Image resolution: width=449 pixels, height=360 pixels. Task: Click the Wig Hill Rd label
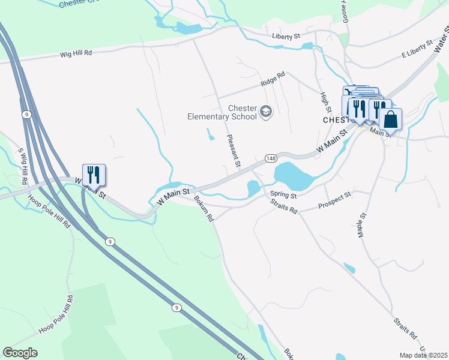[x=76, y=53]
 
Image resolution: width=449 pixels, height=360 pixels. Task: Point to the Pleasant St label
[x=234, y=151]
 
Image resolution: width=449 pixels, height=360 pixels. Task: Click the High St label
[x=325, y=101]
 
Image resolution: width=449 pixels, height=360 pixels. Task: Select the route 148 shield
[x=270, y=158]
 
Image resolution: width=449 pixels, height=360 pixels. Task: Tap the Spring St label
[x=283, y=194]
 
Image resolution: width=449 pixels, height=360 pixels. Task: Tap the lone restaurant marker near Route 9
[x=94, y=175]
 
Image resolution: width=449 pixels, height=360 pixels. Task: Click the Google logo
[x=20, y=352]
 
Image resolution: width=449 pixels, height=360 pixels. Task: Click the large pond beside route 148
[x=293, y=176]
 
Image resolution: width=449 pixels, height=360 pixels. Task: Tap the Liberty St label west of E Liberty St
[x=286, y=37]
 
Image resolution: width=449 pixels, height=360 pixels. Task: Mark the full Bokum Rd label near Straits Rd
[x=203, y=208]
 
